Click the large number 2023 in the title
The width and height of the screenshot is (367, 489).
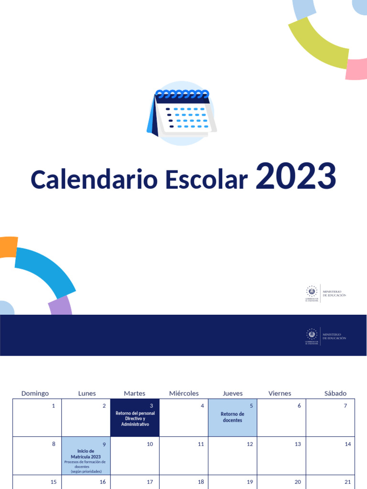296,177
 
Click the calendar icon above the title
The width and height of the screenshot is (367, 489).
182,113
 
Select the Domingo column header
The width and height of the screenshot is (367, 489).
35,393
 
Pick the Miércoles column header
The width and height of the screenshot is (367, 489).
184,393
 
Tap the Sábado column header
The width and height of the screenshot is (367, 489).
335,393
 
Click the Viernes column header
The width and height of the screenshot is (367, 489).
280,393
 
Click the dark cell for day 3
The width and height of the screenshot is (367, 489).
135,417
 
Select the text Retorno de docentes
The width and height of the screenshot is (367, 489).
232,417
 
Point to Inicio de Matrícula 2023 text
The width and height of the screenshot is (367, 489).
86,454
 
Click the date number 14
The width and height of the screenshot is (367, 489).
348,444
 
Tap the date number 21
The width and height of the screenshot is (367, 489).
348,482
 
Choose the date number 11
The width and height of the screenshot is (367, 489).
201,444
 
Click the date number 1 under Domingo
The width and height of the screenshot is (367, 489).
54,406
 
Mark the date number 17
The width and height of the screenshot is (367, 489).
150,482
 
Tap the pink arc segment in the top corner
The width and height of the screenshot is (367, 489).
356,69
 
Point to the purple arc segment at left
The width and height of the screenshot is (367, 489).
61,306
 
